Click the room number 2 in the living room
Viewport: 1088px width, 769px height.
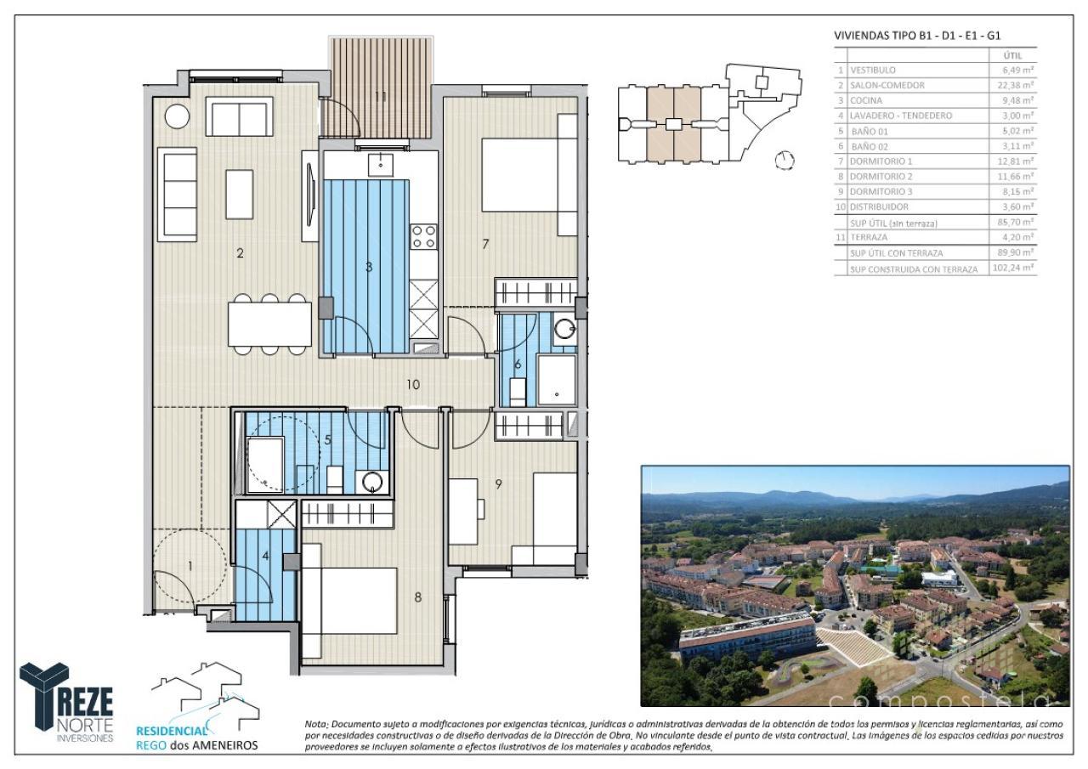pos(241,252)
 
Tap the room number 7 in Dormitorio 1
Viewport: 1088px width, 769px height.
pos(485,244)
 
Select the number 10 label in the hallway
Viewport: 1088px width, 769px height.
pos(413,384)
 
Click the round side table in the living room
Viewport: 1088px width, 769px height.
pos(177,116)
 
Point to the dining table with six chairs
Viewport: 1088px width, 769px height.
pos(269,324)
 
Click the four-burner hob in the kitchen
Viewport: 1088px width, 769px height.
pos(423,236)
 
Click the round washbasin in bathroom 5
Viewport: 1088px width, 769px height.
pos(373,481)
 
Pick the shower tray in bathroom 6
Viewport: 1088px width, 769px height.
pos(556,379)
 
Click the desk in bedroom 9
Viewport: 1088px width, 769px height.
pos(463,512)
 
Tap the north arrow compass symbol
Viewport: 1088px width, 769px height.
pos(785,160)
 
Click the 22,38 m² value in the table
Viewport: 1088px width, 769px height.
pos(1017,85)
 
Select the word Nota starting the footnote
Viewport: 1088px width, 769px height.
pos(316,723)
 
